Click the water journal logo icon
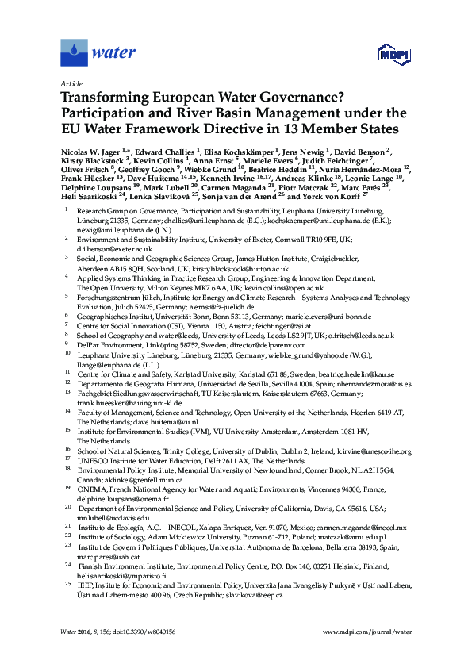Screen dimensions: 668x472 [x=74, y=53]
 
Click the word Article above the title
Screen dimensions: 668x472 [x=71, y=83]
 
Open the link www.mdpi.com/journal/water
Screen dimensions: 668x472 [x=368, y=632]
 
